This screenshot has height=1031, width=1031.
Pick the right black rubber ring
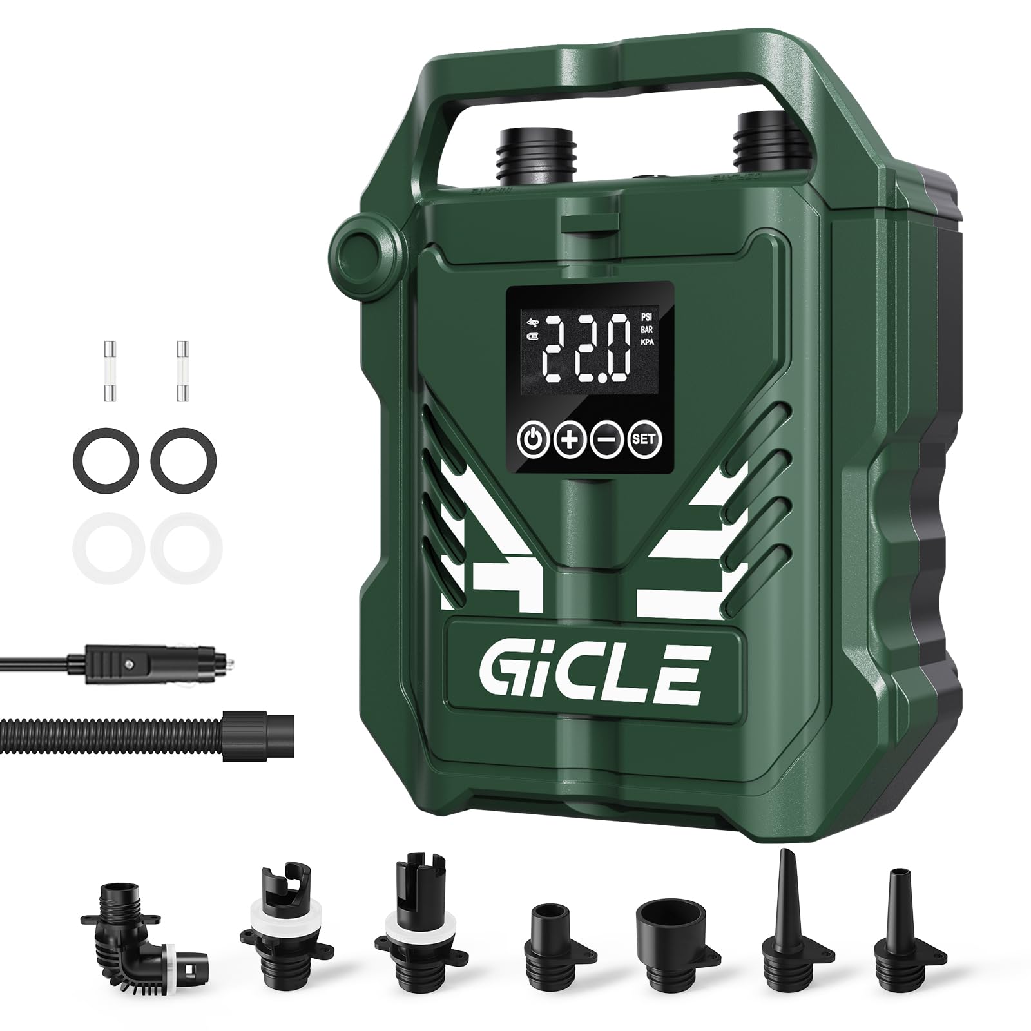184,459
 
